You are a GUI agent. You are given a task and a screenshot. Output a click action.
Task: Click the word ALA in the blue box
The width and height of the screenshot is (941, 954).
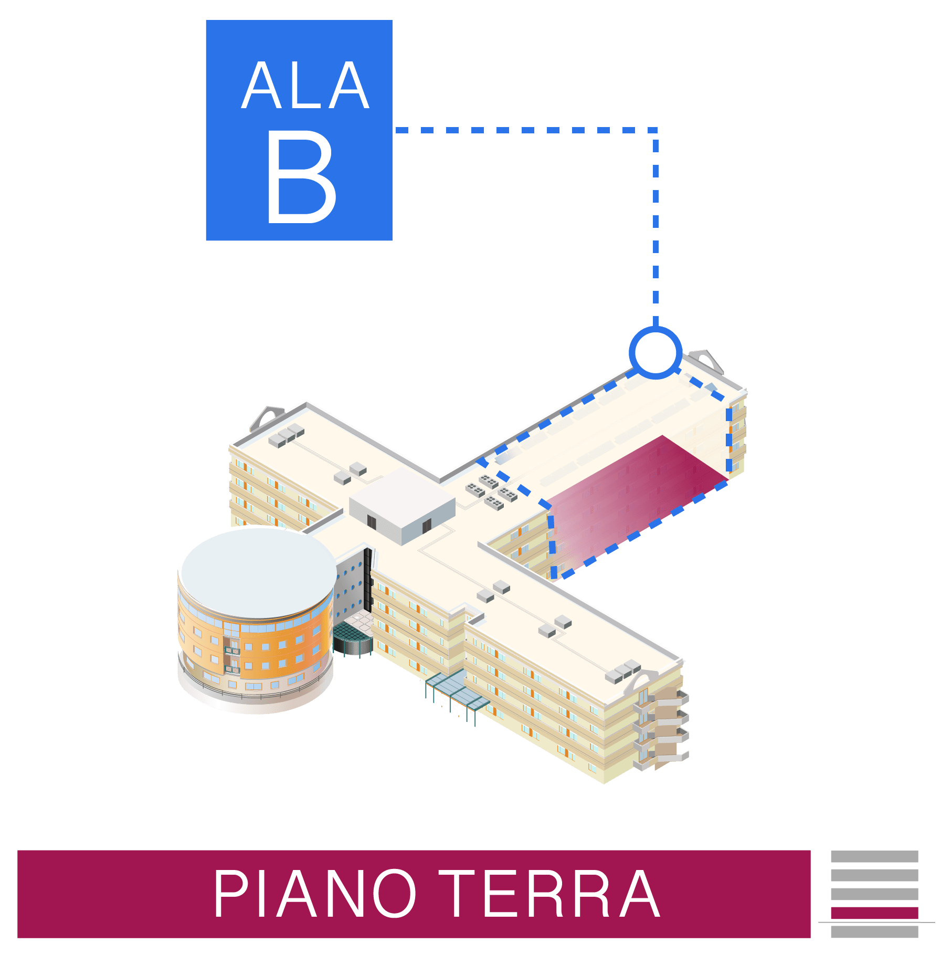click(x=305, y=86)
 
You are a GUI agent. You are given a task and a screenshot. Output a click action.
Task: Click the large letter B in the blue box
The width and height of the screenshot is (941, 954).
click(x=300, y=177)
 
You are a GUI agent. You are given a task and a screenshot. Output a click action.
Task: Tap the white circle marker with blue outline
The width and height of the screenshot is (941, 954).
click(x=655, y=352)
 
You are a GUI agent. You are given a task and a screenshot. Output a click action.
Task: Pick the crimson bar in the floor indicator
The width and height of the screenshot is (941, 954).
click(x=874, y=913)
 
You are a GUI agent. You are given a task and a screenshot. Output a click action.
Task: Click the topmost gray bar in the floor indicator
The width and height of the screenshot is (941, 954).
click(x=874, y=856)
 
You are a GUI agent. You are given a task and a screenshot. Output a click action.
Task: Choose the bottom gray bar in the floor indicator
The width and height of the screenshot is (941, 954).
click(x=874, y=932)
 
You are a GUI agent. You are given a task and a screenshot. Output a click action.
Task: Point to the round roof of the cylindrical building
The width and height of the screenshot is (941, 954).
click(x=258, y=572)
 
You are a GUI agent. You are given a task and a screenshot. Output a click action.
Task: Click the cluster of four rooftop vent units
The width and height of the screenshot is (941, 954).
click(x=492, y=491)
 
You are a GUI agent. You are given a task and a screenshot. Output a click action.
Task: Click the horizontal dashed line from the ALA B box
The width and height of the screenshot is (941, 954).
click(x=525, y=130)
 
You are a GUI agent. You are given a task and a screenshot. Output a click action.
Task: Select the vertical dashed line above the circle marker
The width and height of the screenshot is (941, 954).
click(x=655, y=226)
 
